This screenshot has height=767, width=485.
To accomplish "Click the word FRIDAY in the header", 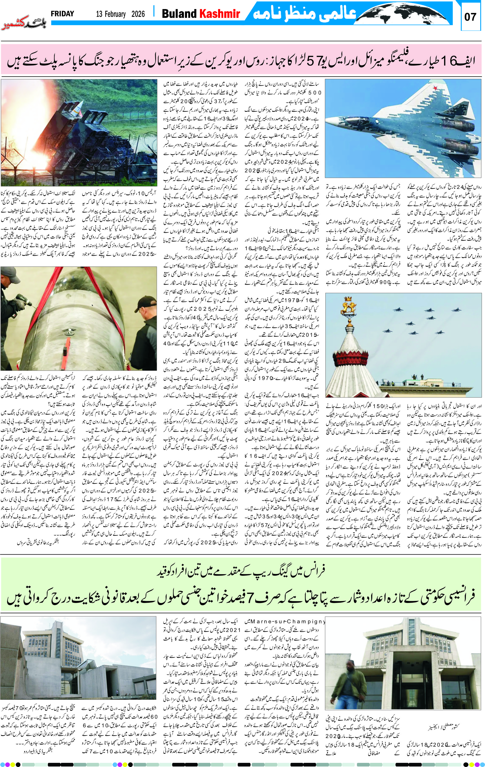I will (x=62, y=14).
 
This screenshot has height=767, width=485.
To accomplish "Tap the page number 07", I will (x=470, y=17).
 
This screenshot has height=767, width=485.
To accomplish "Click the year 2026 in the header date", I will (x=138, y=14).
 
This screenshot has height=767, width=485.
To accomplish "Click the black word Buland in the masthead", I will (x=179, y=14).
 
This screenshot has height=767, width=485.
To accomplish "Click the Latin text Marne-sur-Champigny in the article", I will (x=284, y=621).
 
